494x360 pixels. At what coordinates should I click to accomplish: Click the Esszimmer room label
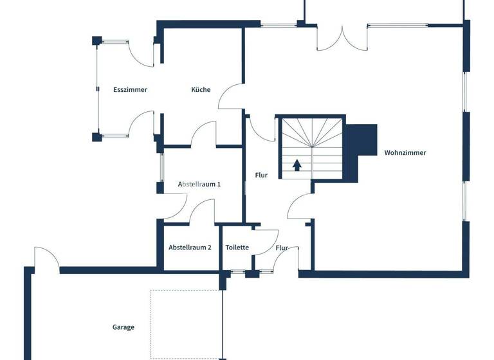pyautogui.click(x=130, y=90)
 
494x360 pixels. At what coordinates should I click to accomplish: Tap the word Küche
pyautogui.click(x=201, y=90)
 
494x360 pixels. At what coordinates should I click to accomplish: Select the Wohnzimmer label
pyautogui.click(x=405, y=153)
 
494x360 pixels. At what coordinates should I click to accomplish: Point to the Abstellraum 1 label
pyautogui.click(x=199, y=184)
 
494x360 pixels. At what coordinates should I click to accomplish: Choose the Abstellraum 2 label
pyautogui.click(x=190, y=248)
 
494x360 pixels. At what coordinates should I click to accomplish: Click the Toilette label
pyautogui.click(x=237, y=248)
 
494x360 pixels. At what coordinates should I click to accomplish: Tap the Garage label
pyautogui.click(x=123, y=327)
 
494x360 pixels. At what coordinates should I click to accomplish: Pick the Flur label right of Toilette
pyautogui.click(x=282, y=248)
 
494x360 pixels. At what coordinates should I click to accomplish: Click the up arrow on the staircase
pyautogui.click(x=297, y=165)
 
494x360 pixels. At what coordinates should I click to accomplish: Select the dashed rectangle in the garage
pyautogui.click(x=186, y=323)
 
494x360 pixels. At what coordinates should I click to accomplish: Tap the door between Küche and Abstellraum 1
pyautogui.click(x=204, y=134)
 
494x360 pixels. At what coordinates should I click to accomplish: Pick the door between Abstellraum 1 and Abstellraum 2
pyautogui.click(x=202, y=212)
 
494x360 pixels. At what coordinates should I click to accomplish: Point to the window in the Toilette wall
pyautogui.click(x=238, y=273)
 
